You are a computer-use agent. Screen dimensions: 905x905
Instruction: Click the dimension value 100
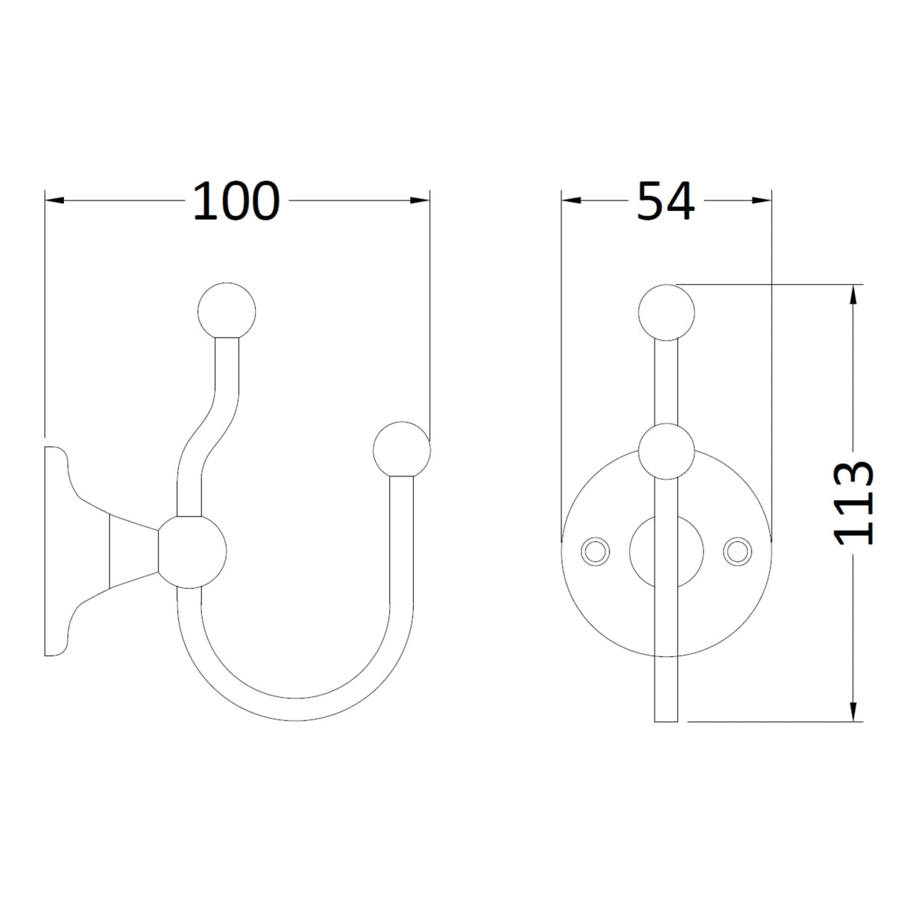(x=236, y=201)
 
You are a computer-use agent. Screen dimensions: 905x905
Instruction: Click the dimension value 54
(x=666, y=201)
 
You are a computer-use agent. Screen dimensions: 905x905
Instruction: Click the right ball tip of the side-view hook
(x=402, y=450)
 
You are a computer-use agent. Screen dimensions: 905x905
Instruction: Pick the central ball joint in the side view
(x=192, y=549)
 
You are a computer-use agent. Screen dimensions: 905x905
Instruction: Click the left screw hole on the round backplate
(x=595, y=550)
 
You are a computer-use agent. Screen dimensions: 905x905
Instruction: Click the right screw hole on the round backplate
(x=737, y=550)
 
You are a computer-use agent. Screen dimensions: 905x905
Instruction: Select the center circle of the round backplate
(x=666, y=550)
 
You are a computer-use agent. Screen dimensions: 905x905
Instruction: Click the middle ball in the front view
(x=666, y=450)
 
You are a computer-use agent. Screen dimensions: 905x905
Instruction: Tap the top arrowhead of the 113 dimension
(x=854, y=294)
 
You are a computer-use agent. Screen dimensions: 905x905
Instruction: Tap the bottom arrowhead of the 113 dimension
(x=854, y=711)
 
